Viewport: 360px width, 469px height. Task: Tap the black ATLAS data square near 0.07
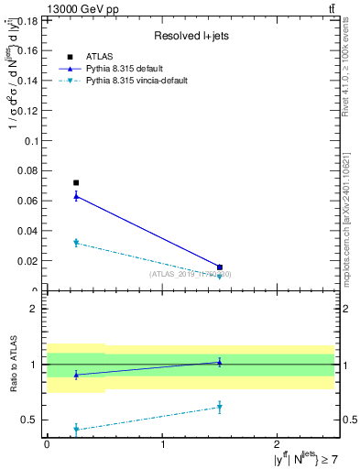coord(76,182)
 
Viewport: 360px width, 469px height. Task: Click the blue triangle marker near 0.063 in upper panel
coord(76,195)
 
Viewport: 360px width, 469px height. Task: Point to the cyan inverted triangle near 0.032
coord(76,243)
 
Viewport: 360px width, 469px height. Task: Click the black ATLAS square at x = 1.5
coord(220,267)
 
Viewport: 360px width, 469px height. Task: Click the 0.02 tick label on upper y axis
coord(29,260)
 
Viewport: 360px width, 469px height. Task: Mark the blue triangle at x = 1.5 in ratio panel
coord(220,362)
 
